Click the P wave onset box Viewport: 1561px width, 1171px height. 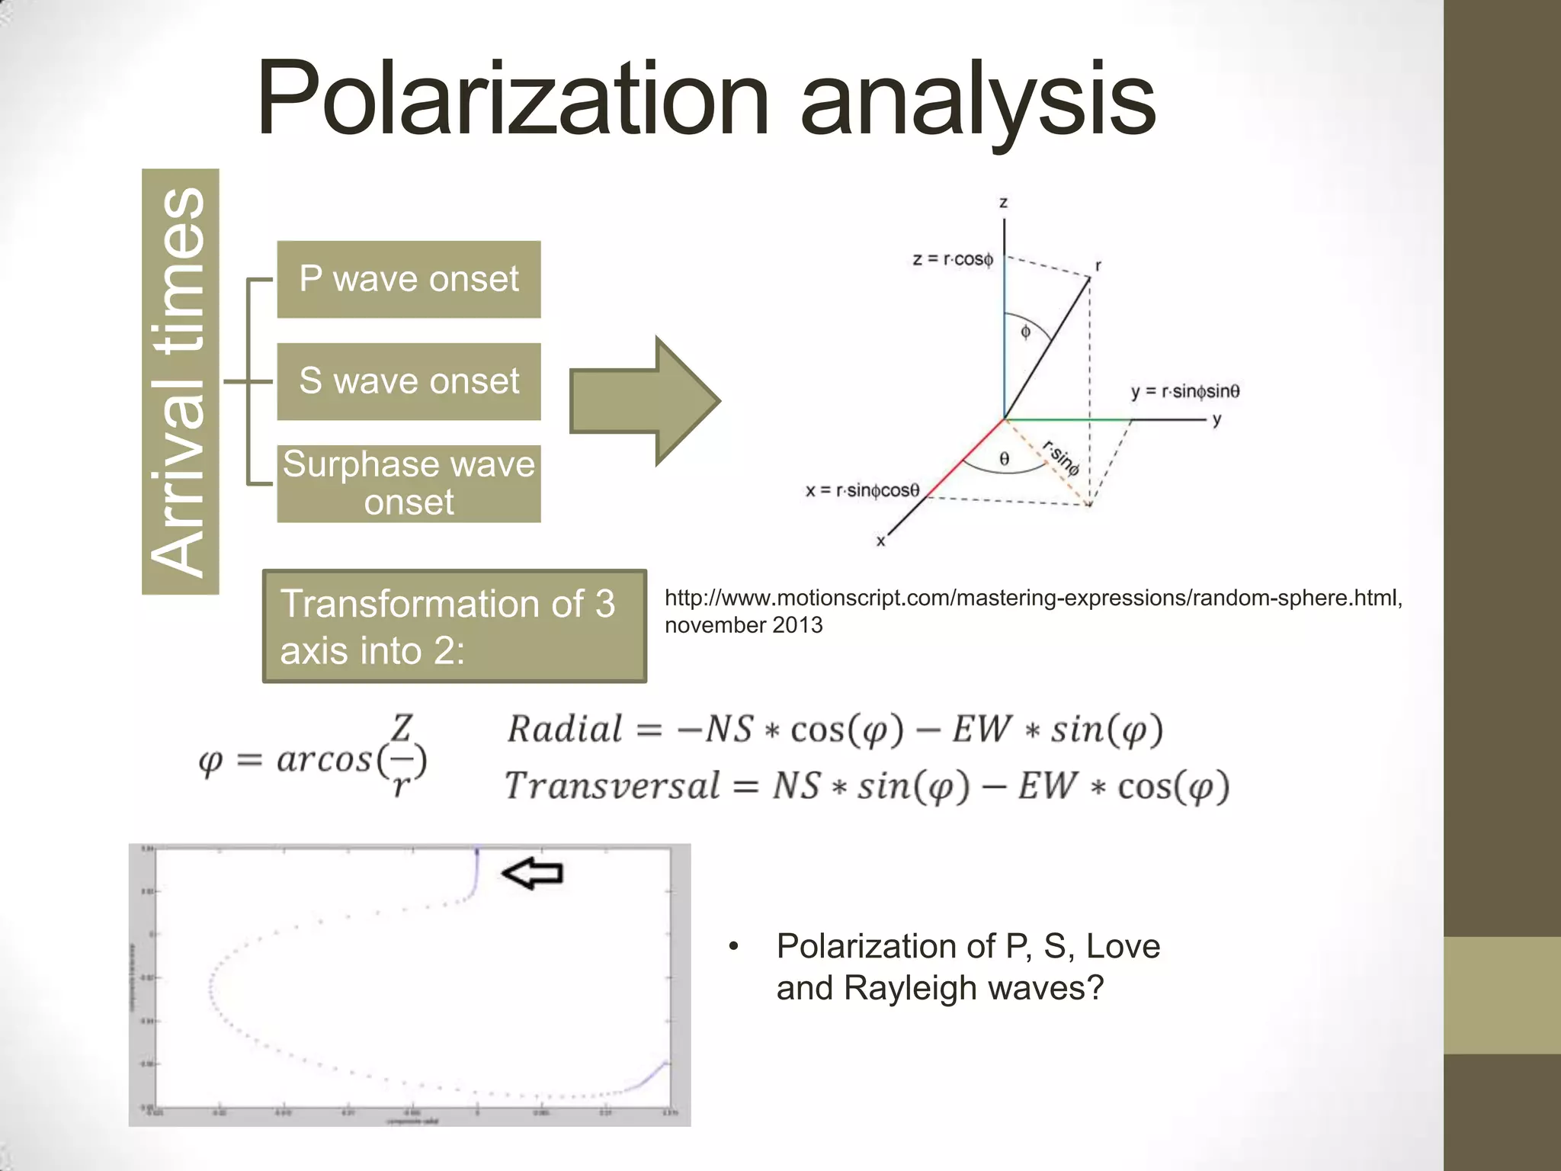[x=409, y=279]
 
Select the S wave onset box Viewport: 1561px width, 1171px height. [x=409, y=381]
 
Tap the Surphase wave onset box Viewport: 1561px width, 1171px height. [x=409, y=483]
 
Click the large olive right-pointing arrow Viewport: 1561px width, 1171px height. [x=644, y=401]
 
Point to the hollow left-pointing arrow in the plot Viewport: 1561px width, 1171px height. [x=533, y=874]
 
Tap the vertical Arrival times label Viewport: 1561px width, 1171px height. [x=180, y=381]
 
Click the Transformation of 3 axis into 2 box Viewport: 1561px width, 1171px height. [x=454, y=626]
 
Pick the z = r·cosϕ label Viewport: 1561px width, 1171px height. [x=953, y=259]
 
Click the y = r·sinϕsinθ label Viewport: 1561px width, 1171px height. [x=1185, y=392]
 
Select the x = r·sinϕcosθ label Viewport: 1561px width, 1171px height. [x=863, y=490]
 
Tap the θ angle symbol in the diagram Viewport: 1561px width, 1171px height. [x=1005, y=459]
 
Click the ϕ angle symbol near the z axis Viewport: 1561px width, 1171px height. [x=1025, y=332]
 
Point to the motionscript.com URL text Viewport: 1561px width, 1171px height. [x=1033, y=598]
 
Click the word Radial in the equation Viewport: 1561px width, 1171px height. [x=565, y=730]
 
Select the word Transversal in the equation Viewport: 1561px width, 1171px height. [x=612, y=786]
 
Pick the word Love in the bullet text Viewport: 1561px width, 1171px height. [x=1123, y=946]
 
